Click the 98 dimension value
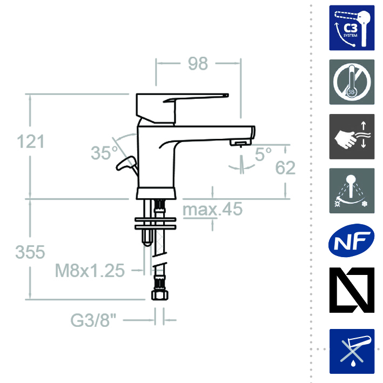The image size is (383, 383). (x=198, y=64)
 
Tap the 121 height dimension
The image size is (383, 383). (x=31, y=142)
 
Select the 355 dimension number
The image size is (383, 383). (x=30, y=252)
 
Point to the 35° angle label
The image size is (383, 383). (x=104, y=153)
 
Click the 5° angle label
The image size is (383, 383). (x=263, y=154)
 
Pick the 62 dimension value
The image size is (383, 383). (x=285, y=168)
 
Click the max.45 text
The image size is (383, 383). (x=212, y=209)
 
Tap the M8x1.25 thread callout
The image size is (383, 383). (x=90, y=271)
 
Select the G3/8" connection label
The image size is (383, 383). (x=93, y=320)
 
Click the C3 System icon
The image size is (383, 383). (x=352, y=28)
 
